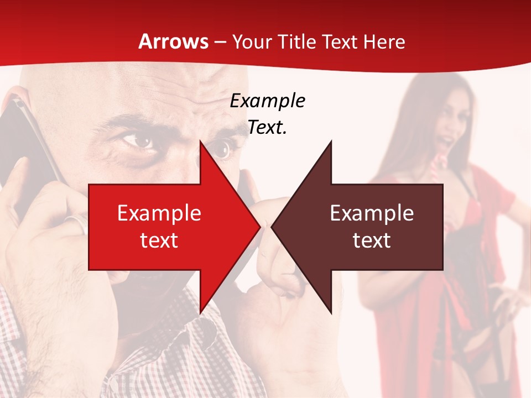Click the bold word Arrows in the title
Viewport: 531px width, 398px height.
click(x=174, y=41)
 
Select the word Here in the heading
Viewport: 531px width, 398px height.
click(x=384, y=41)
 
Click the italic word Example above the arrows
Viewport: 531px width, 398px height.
click(x=267, y=101)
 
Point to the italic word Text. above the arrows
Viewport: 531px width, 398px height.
click(x=267, y=128)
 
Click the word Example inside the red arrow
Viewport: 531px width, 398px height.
click(x=159, y=213)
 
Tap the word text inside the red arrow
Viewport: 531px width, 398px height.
click(x=159, y=240)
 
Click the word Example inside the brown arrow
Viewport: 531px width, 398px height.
click(x=372, y=213)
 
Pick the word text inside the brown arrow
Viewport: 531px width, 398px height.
click(x=372, y=240)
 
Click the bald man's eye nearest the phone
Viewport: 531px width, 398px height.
click(x=138, y=140)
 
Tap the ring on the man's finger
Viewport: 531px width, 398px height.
click(x=77, y=224)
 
